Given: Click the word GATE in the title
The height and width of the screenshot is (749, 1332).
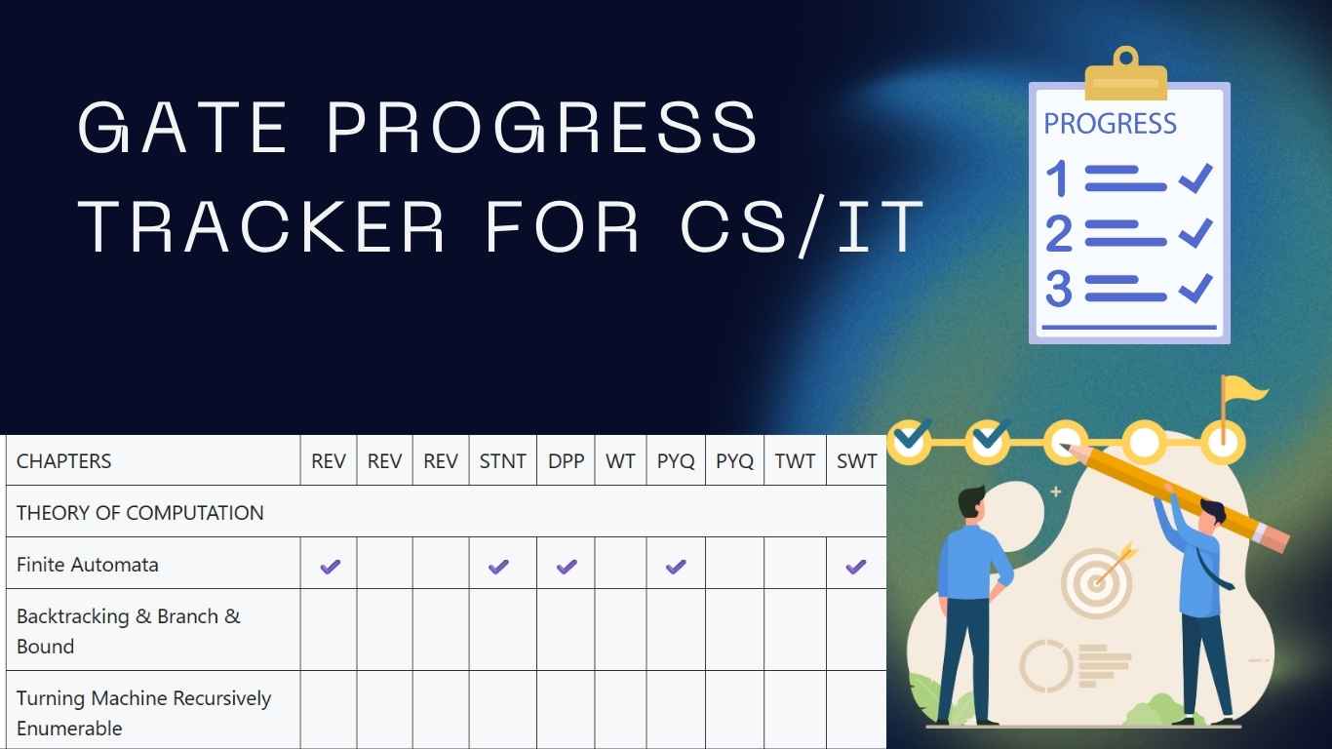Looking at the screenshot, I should [182, 127].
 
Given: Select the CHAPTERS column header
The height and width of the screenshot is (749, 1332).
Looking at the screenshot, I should [64, 461].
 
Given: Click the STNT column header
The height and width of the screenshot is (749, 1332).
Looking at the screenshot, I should [502, 461].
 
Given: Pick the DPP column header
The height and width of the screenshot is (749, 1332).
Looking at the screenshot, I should [566, 461].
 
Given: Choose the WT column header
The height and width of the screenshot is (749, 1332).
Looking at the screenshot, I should [620, 461].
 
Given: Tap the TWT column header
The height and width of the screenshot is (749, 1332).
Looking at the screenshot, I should [795, 461].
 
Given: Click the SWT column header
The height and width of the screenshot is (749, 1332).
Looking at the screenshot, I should [856, 461].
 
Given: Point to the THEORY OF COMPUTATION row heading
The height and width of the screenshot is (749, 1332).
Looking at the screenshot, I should [140, 513].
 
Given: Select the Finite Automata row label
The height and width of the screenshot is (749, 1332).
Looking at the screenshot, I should [88, 565].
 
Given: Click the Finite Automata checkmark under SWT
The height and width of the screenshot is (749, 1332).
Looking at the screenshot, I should [856, 566].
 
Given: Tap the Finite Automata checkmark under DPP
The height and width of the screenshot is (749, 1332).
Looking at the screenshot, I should [567, 566].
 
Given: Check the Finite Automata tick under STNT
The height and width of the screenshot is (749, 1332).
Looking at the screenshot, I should [498, 566].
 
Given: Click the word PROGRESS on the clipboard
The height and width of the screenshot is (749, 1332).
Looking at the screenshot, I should [1110, 124].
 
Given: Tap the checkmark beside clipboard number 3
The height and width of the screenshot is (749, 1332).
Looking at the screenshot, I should [1195, 288].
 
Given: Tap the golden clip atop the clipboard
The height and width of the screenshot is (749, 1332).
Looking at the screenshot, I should [1126, 76].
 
